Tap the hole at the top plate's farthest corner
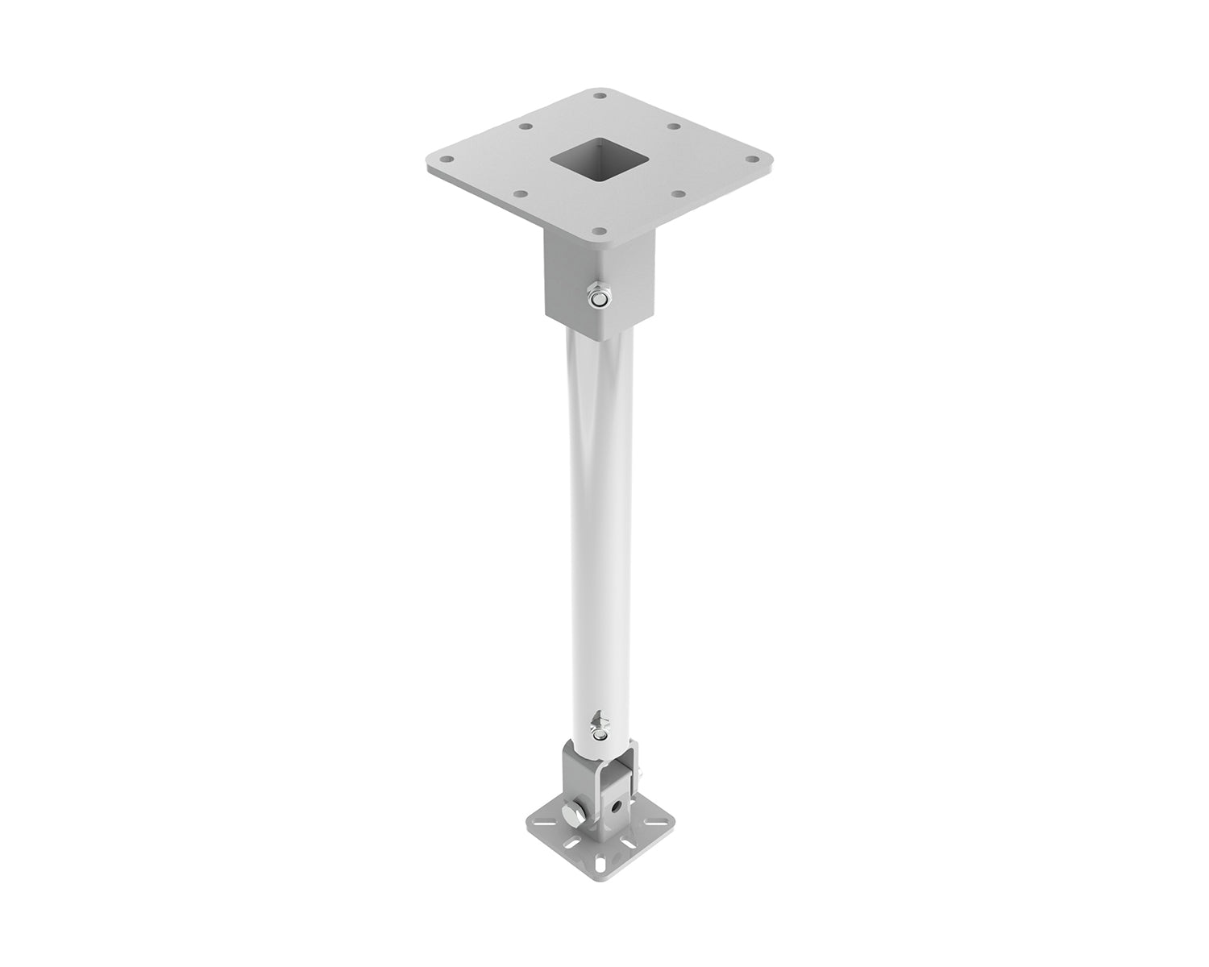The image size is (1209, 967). [600, 96]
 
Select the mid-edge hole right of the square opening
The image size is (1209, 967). [675, 127]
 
